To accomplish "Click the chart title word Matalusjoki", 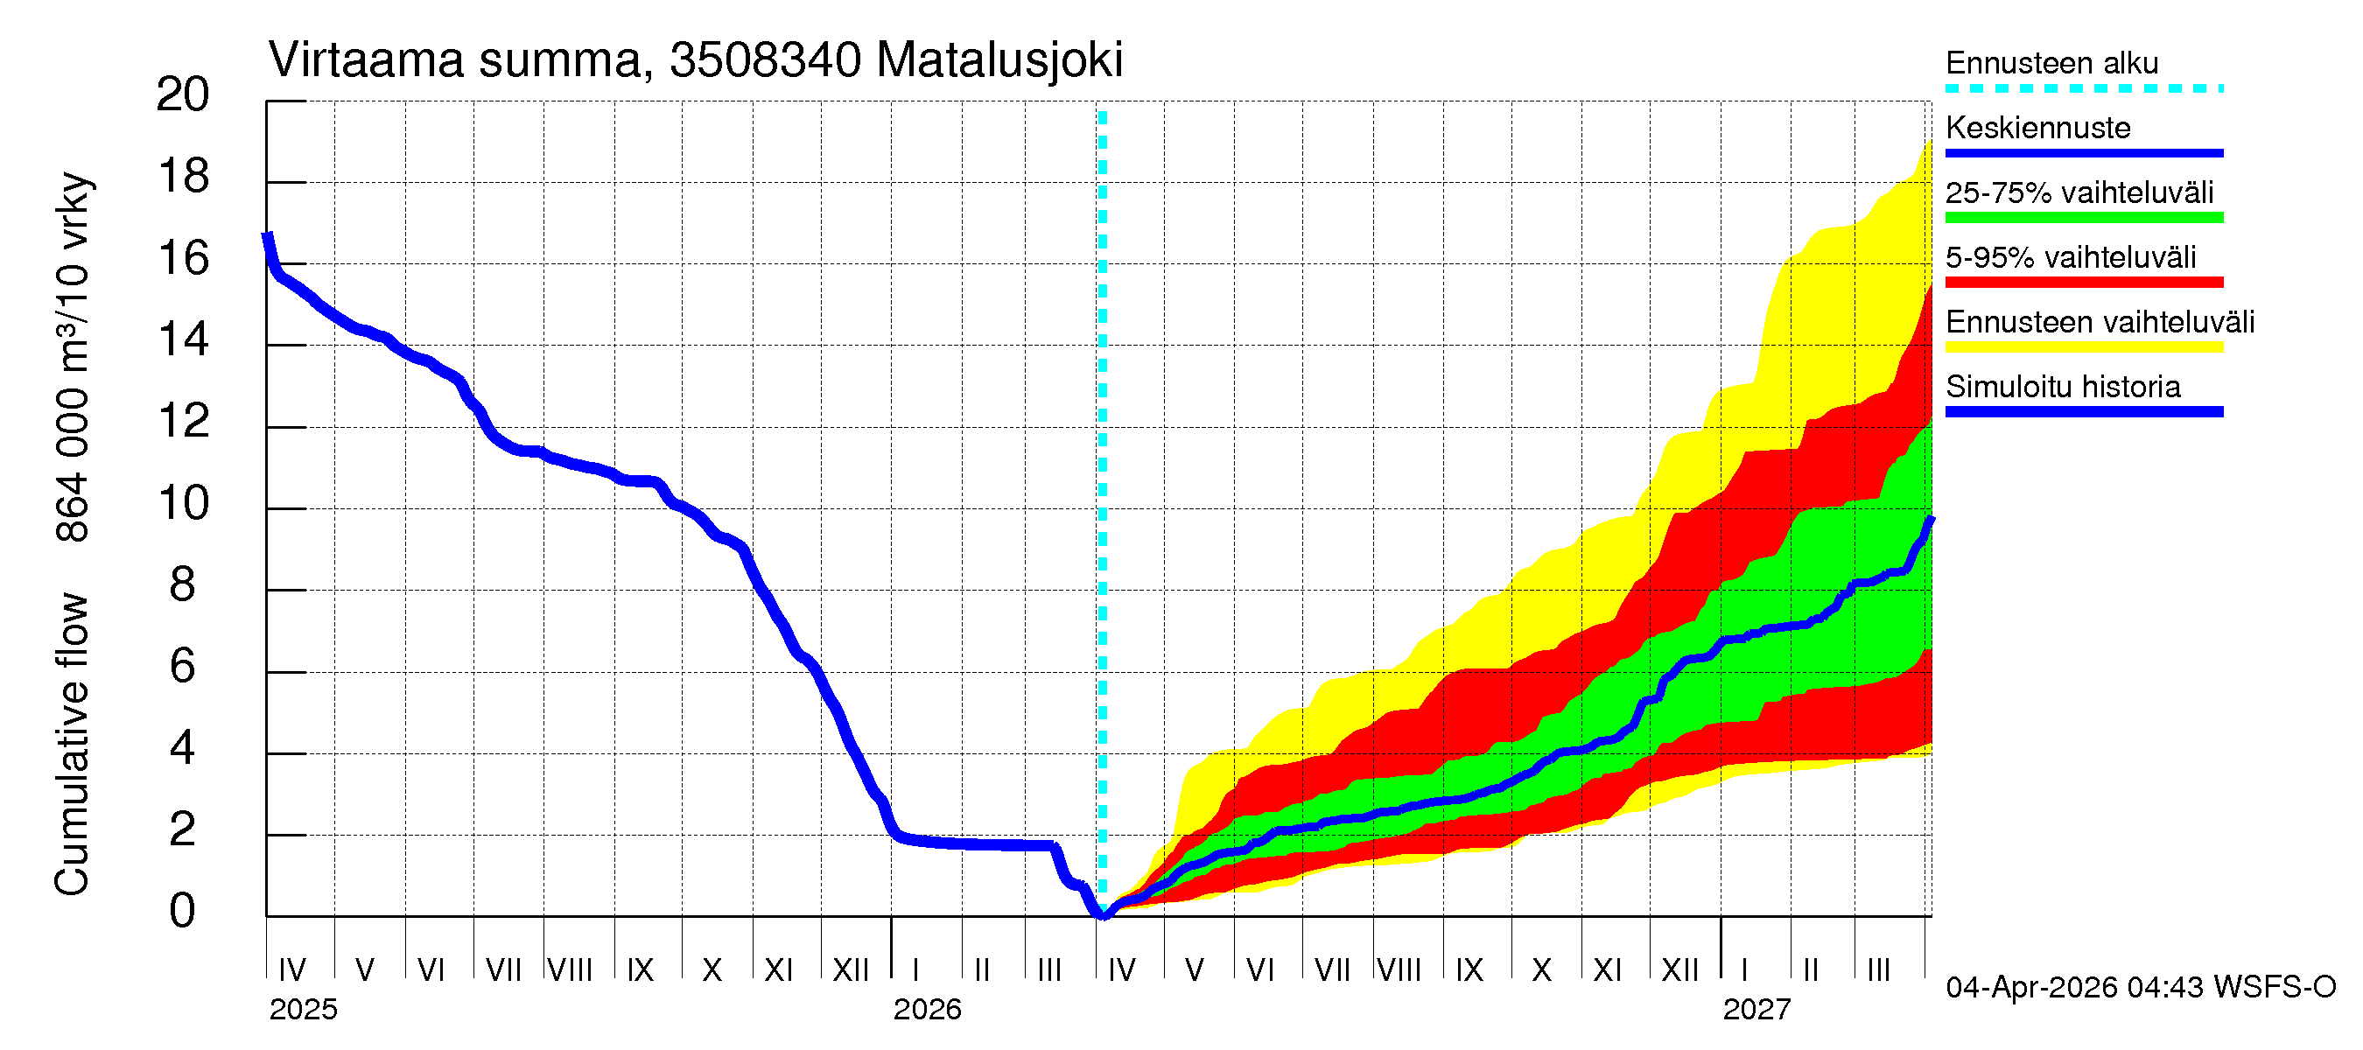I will tap(999, 60).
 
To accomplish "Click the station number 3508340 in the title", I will tap(765, 60).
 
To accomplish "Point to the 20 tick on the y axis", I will tap(183, 95).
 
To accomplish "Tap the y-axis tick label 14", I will tap(183, 341).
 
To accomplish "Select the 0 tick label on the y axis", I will tap(183, 913).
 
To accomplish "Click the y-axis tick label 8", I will tap(183, 586).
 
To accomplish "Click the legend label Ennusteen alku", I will tap(2051, 63).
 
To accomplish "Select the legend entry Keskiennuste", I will tap(2037, 128).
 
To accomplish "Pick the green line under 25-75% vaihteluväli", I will tap(2083, 218).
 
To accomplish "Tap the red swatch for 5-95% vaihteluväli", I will tap(2083, 283).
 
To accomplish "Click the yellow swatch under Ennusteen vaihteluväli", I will tap(2083, 347).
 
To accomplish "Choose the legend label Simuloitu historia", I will tap(2062, 387).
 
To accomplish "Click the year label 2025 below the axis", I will tap(303, 1010).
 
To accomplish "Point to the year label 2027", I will tap(1756, 1010).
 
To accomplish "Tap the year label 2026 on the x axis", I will tap(927, 1010).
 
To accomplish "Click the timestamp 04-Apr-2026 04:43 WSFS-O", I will tap(2140, 988).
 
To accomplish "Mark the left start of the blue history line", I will tap(268, 236).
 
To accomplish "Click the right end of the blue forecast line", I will tap(1931, 520).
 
